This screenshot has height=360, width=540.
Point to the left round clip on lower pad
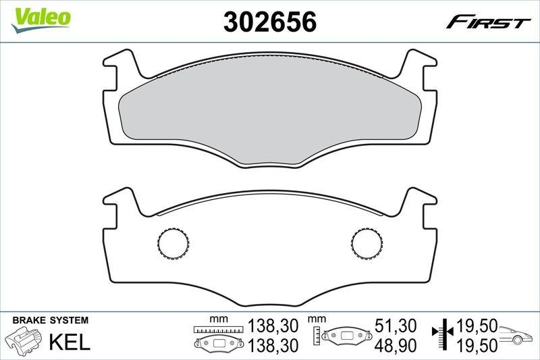click(x=173, y=243)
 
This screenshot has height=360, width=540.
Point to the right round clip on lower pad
click(x=367, y=243)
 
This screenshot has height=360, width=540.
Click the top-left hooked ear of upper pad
click(x=122, y=68)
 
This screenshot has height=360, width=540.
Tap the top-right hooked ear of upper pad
click(x=418, y=68)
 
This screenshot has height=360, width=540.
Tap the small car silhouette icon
click(x=517, y=335)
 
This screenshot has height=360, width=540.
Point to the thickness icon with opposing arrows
click(x=442, y=334)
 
